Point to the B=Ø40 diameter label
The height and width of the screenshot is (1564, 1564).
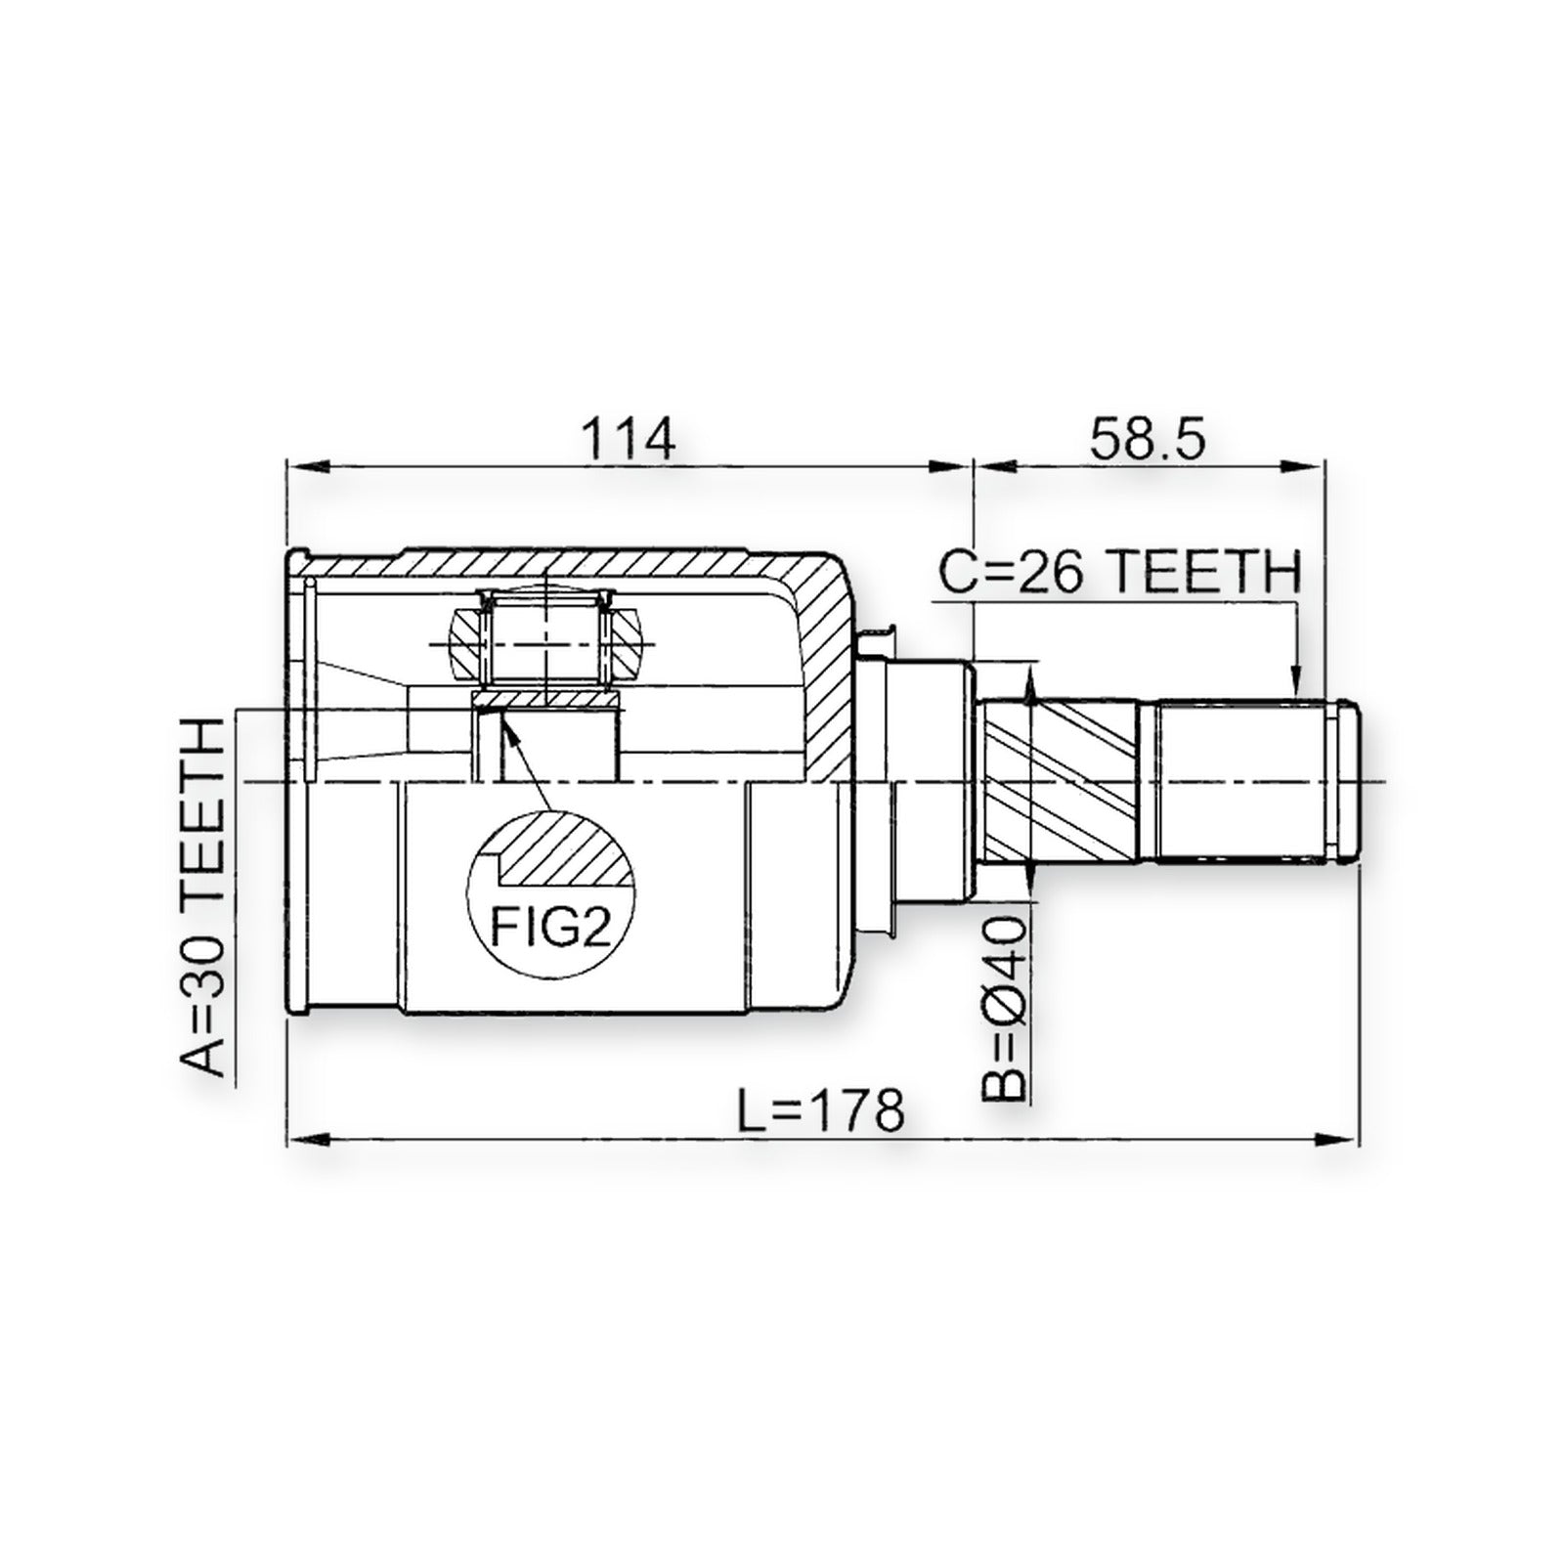click(x=1004, y=1007)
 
